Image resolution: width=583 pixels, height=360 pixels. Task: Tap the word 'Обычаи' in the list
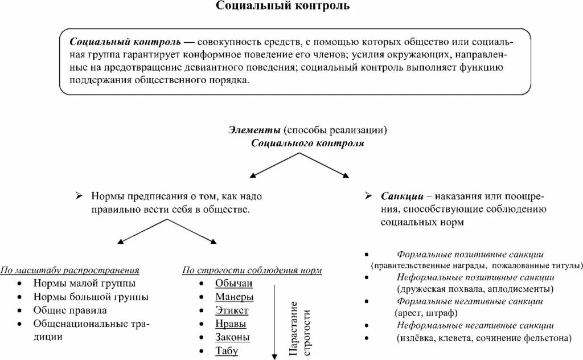(x=233, y=284)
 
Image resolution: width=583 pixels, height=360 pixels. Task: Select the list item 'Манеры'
(x=234, y=297)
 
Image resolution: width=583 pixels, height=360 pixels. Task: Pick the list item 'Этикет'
(x=232, y=310)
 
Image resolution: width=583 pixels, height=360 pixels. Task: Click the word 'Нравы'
(x=231, y=324)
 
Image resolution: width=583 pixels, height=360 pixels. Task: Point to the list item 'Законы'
(x=232, y=337)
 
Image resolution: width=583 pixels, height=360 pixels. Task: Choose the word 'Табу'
(x=227, y=351)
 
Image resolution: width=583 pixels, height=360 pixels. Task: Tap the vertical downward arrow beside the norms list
(x=274, y=319)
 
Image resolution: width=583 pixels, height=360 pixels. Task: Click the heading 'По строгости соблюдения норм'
(x=252, y=269)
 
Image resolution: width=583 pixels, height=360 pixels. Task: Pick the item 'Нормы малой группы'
(x=84, y=283)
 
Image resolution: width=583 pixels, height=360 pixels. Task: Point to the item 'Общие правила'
(x=70, y=310)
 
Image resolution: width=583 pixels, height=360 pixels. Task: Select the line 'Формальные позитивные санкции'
(x=470, y=254)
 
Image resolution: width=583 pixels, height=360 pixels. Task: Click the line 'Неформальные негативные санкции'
(x=475, y=325)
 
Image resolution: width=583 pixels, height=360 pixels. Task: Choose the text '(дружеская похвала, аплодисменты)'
(x=468, y=289)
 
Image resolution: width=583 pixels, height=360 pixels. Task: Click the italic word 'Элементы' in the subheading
(x=255, y=130)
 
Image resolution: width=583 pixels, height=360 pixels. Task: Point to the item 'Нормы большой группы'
(x=91, y=297)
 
